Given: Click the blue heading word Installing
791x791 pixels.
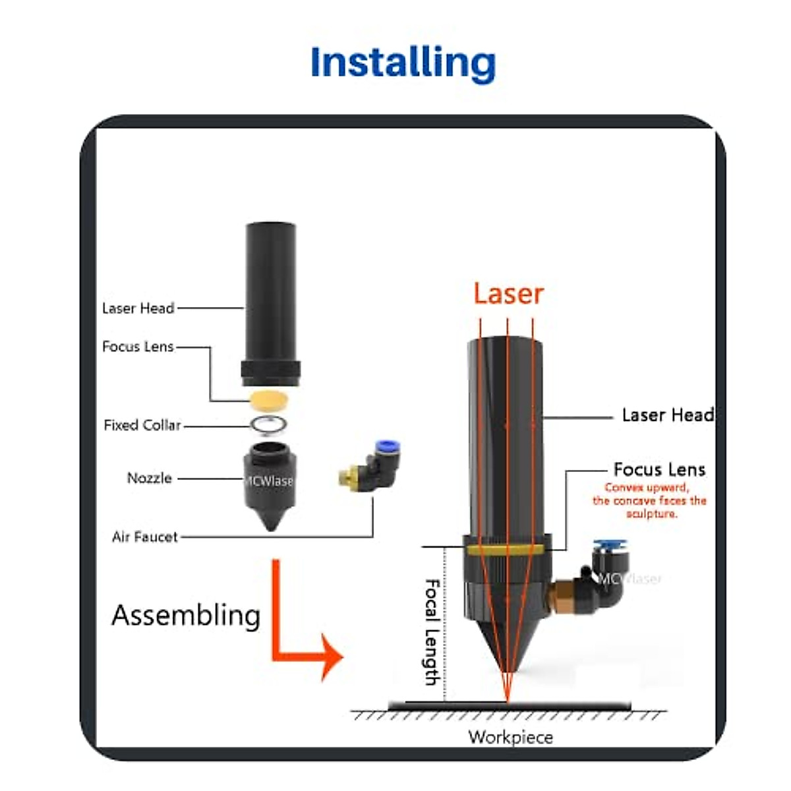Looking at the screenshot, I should [402, 63].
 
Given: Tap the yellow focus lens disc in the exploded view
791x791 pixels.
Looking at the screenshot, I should [270, 399].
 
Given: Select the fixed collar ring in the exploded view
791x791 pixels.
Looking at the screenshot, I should [269, 425].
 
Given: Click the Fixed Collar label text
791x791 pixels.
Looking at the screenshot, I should [142, 425].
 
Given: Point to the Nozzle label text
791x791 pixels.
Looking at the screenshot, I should [150, 478].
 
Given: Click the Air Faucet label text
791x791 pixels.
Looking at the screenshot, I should [145, 537].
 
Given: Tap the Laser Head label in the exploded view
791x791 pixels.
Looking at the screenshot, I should [138, 308].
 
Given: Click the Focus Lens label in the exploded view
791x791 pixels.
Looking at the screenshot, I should [138, 347].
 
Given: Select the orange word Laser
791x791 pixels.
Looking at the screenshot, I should [508, 294].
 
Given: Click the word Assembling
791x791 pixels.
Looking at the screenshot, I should [186, 616].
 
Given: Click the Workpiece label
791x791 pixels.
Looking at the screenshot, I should [510, 737].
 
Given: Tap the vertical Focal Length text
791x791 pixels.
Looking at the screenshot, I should [432, 631].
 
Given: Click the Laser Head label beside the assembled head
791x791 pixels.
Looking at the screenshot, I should [667, 415].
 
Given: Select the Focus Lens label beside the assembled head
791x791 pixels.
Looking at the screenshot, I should [659, 469].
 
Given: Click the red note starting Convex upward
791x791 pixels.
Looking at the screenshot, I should [649, 501].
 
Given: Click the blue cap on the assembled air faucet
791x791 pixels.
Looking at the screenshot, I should [610, 546].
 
